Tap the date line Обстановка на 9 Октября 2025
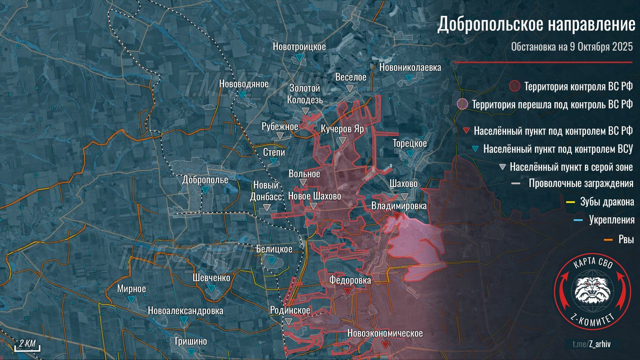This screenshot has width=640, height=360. (x=572, y=47)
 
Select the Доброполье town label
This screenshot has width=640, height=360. (x=205, y=179)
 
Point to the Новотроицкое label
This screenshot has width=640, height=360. (x=299, y=46)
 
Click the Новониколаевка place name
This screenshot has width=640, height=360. (x=410, y=67)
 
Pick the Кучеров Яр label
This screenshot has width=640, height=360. (x=342, y=128)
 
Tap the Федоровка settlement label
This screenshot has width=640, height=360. (x=350, y=280)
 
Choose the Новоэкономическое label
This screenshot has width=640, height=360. (x=385, y=333)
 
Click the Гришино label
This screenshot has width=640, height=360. (x=191, y=341)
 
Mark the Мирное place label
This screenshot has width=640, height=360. (x=131, y=288)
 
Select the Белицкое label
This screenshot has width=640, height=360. (x=273, y=249)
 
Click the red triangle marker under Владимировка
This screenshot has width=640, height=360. (x=396, y=216)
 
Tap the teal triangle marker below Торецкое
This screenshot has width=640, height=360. (x=410, y=153)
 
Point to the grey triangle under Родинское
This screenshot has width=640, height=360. (x=289, y=321)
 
